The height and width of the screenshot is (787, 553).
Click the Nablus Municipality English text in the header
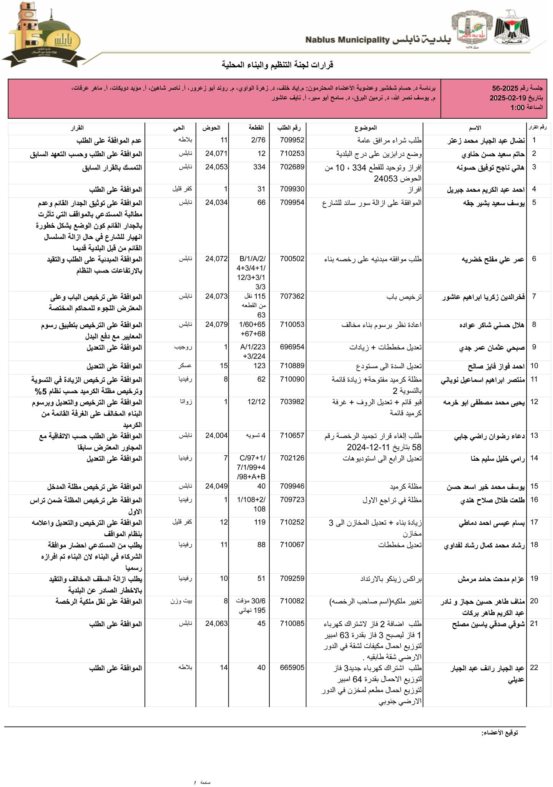click(348, 40)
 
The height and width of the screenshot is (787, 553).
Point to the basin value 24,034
click(216, 203)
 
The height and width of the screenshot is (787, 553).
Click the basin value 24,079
click(216, 325)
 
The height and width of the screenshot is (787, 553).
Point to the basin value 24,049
click(216, 486)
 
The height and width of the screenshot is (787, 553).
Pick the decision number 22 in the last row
click(534, 668)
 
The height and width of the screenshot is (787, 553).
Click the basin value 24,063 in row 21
click(216, 624)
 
